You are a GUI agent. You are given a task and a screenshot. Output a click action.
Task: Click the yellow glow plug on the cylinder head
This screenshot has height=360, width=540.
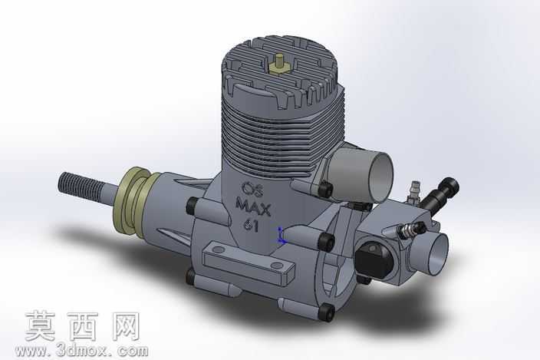(x=278, y=64)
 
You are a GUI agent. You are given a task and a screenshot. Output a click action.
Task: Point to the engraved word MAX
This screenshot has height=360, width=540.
(x=253, y=207)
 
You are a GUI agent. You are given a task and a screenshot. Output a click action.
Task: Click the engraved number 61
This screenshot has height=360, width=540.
(x=252, y=226)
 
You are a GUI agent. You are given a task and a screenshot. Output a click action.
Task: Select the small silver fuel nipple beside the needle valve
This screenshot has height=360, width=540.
(x=413, y=190)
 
